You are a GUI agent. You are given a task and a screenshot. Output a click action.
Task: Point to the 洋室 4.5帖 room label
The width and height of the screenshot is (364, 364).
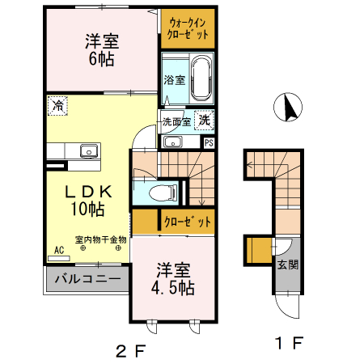pos(173,277)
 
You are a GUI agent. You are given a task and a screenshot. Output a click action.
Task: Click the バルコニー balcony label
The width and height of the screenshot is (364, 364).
pos(87,280)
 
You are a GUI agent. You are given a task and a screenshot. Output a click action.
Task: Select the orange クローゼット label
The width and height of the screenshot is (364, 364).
pos(188,221)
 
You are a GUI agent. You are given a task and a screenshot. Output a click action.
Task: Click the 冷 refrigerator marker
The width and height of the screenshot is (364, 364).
pos(58,104)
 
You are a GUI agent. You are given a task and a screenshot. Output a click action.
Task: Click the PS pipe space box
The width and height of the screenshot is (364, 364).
pos(209,142)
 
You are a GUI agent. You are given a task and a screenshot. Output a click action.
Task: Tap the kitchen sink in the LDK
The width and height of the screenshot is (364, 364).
pos(87,150)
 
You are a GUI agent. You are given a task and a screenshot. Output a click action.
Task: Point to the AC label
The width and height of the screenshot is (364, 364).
pos(59,251)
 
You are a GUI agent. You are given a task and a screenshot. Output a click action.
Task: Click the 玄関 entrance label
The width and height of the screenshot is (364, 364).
pos(287,265)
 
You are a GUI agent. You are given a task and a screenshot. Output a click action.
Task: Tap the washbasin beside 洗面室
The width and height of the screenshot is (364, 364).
pos(172,142)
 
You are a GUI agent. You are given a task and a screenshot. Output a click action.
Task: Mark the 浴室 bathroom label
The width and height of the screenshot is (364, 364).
pos(173,80)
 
